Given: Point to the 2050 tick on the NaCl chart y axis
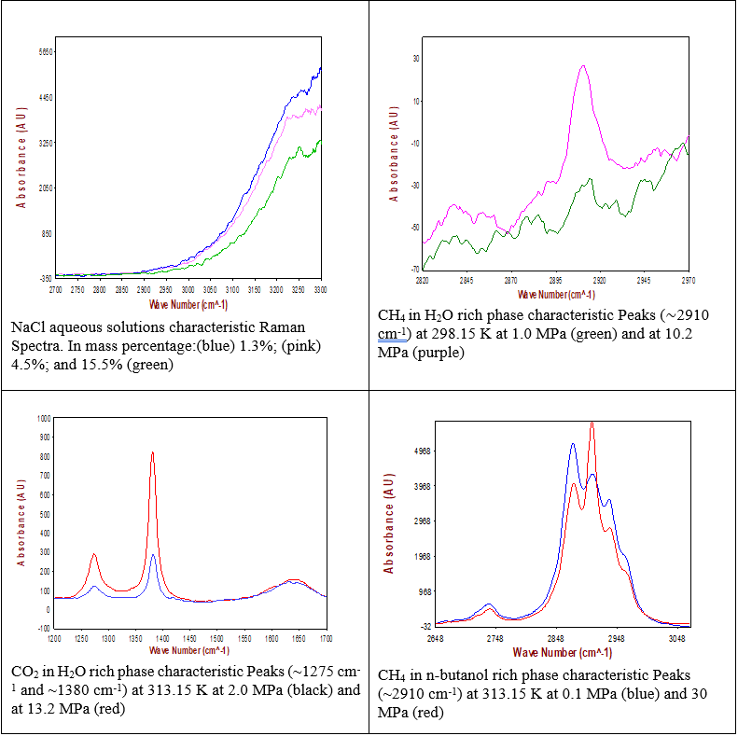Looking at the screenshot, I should (43, 188).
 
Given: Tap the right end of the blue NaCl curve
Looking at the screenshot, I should (321, 67).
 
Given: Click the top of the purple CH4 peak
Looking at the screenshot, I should (583, 66).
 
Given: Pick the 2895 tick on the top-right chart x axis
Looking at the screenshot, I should (554, 280).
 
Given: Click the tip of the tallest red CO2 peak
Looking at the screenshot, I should (152, 453).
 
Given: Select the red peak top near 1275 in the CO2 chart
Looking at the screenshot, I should (93, 555).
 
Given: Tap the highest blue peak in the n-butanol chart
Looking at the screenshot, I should (573, 444).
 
